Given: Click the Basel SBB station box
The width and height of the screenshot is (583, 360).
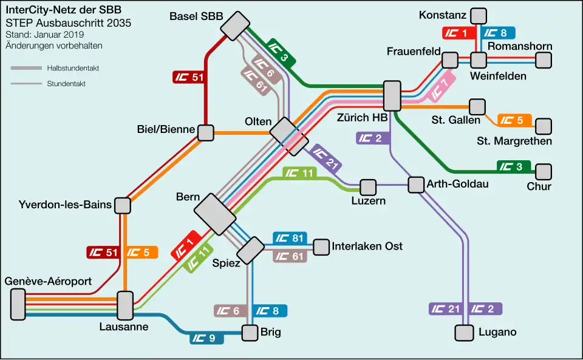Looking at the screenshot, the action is tap(235, 25).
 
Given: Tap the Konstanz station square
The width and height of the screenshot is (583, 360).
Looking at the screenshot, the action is tap(479, 16).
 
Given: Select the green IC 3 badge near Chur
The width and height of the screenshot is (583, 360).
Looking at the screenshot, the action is tap(514, 166).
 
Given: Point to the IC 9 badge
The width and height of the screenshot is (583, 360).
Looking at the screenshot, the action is tap(206, 338).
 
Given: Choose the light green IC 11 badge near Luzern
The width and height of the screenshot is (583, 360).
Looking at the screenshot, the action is tap(299, 173).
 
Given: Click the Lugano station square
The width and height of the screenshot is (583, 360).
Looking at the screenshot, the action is tap(465, 333).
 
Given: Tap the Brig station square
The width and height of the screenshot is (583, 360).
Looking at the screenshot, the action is tap(250, 333).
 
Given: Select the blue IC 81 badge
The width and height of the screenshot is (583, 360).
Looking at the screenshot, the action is tap(290, 238).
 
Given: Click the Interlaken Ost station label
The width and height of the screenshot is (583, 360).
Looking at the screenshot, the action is tap(367, 246).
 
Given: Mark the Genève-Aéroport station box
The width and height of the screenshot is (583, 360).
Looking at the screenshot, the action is tap(18, 304).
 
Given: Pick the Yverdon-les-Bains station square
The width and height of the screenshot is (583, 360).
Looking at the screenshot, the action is tap(122, 205).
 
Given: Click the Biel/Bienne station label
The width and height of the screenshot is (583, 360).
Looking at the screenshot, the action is tap(166, 129).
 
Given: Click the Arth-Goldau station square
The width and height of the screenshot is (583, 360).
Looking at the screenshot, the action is tap(416, 185).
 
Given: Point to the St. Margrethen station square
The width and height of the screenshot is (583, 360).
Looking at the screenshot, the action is tap(544, 126).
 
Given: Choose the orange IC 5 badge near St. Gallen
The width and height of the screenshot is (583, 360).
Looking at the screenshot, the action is tap(514, 120).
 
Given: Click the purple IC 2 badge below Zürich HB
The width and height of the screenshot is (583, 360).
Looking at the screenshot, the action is tap(373, 138).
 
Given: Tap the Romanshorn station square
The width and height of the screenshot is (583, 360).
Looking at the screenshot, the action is tap(544, 60).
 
